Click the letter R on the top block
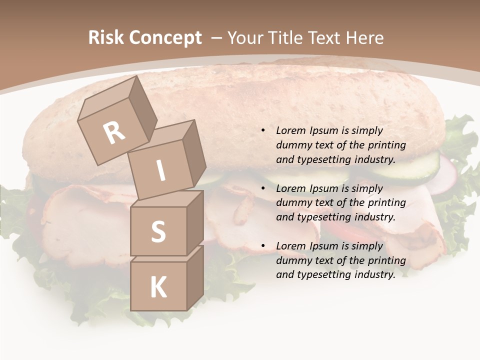coord(114,133)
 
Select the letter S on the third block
coord(158,231)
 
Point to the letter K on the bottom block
coord(158,287)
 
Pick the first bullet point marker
coord(263,130)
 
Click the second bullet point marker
coord(263,188)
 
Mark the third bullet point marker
coord(263,246)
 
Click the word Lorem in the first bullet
coord(290,130)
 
